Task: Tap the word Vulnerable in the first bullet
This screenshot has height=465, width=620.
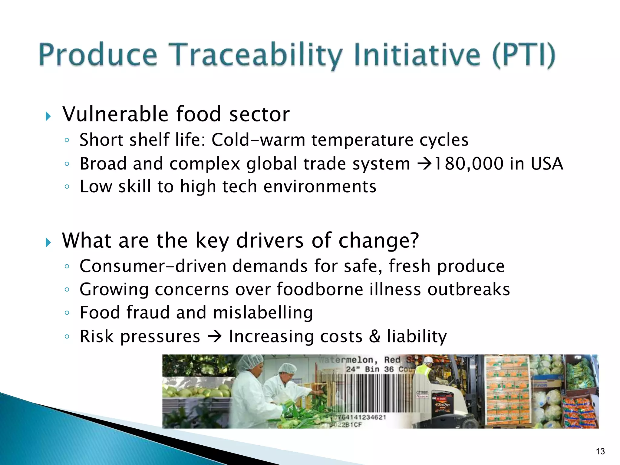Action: pos(115,114)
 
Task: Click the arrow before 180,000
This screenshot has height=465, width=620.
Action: pos(424,164)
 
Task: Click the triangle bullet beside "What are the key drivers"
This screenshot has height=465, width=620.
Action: pos(48,242)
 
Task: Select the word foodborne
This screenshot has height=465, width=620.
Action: pos(320,289)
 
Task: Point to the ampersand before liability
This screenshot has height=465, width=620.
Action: pos(374,336)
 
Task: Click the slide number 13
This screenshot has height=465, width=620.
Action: pos(600,451)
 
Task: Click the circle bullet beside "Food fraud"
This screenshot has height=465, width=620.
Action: pos(67,313)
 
